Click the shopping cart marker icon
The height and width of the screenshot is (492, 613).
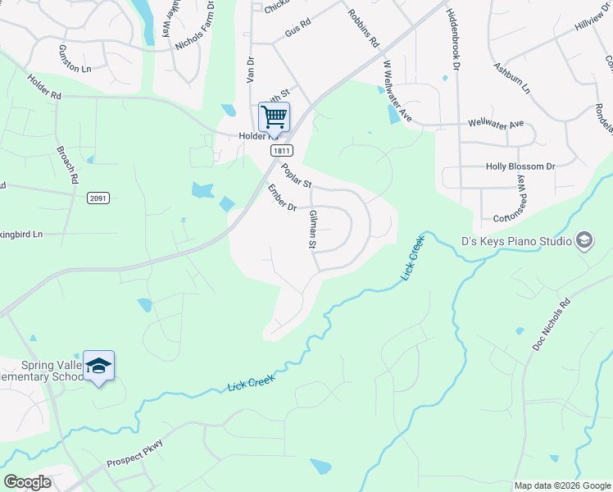click(274, 116)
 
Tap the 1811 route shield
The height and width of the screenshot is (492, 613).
click(282, 151)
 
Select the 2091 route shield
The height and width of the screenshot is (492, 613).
click(98, 198)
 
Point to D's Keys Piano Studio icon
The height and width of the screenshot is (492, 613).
click(584, 239)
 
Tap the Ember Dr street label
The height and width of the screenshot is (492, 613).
click(281, 199)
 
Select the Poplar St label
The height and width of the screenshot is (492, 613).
click(296, 176)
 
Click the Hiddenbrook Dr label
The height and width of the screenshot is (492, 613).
click(452, 38)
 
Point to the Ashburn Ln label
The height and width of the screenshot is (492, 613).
click(512, 77)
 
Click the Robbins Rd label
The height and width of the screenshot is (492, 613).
click(362, 27)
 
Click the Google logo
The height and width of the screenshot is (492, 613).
click(26, 482)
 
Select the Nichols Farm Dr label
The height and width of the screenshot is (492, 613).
click(195, 25)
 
